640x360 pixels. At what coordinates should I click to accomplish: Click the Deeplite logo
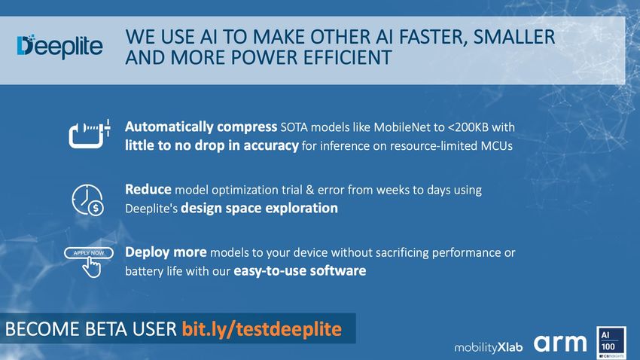(59, 47)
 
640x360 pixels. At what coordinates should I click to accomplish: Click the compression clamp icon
(90, 134)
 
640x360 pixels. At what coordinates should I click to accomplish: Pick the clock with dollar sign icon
(87, 200)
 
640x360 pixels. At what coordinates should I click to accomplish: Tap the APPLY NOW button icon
(89, 261)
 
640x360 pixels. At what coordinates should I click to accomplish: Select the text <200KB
(468, 127)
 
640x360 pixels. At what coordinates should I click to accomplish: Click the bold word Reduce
(148, 189)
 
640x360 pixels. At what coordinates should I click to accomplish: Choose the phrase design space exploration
(259, 208)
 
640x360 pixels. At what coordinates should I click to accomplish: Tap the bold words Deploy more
(166, 252)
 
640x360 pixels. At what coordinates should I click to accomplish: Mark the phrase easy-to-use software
(300, 270)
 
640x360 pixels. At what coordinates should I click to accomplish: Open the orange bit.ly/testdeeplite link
(261, 329)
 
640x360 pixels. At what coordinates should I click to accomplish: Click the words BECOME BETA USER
(90, 329)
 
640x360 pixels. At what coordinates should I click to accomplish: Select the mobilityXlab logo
(488, 347)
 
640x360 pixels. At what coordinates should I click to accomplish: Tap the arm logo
(560, 343)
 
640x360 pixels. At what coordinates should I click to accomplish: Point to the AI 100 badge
(611, 343)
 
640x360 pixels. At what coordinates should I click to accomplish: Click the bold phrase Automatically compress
(201, 127)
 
